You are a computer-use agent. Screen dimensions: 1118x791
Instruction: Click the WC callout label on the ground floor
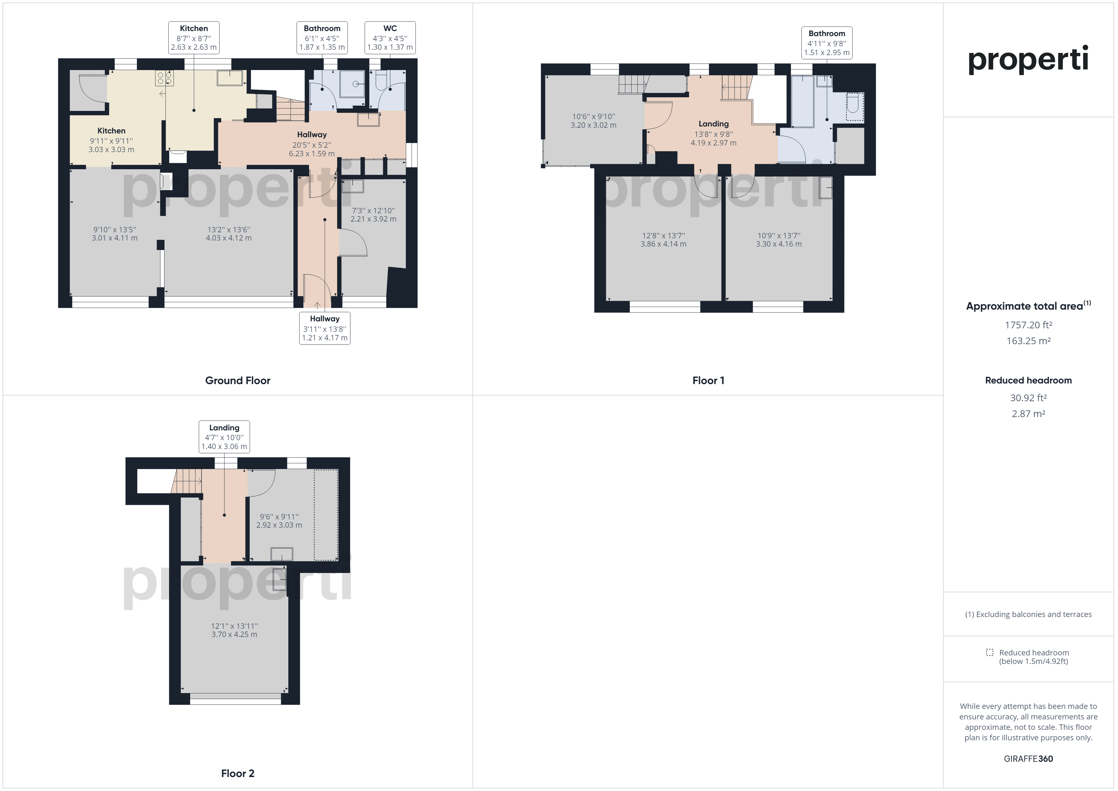click(390, 37)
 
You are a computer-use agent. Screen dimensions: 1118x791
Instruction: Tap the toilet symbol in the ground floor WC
click(381, 80)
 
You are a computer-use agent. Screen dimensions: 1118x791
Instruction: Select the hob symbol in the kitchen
click(164, 78)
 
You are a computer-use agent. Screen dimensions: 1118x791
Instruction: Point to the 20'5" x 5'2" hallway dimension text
click(312, 145)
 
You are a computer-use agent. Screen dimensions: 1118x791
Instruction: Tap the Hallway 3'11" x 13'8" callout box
click(325, 328)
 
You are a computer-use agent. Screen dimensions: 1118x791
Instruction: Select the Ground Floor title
click(238, 380)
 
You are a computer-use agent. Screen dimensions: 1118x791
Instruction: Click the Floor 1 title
click(709, 380)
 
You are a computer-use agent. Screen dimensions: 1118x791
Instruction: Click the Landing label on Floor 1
click(713, 124)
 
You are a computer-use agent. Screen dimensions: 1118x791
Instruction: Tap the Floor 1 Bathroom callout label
click(827, 43)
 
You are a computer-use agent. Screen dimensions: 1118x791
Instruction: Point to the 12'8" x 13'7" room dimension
click(663, 236)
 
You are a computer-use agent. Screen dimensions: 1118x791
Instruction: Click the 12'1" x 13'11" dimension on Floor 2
click(234, 626)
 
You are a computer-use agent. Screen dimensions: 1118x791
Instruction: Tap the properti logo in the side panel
click(1028, 60)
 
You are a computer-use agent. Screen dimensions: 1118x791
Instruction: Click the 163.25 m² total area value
click(1028, 341)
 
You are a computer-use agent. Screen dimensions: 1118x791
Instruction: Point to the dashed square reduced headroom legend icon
click(989, 652)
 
